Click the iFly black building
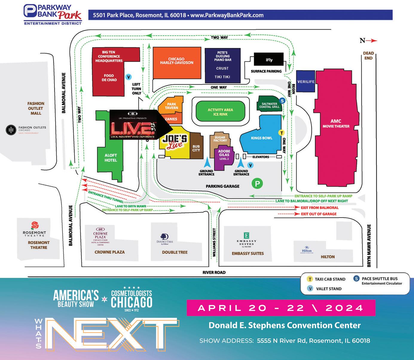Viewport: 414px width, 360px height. [x=269, y=60]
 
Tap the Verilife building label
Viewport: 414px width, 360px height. [x=306, y=82]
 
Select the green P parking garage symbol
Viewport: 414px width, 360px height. [x=257, y=183]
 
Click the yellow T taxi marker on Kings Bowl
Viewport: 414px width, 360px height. [x=281, y=133]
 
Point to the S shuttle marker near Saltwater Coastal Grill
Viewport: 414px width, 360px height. [x=282, y=101]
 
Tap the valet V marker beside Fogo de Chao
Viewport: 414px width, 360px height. [x=128, y=77]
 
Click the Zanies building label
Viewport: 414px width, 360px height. [x=171, y=119]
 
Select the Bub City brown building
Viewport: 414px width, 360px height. [x=196, y=148]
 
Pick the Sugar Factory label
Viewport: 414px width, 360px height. [x=220, y=139]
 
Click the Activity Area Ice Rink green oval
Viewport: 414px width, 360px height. [x=220, y=112]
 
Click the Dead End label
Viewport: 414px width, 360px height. [x=368, y=56]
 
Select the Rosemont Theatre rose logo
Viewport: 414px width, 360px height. [x=35, y=225]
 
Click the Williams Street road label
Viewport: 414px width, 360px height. [x=214, y=243]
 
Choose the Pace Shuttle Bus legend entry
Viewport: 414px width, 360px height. [x=378, y=280]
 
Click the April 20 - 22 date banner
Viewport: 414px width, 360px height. [x=281, y=308]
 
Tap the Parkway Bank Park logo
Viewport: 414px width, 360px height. [x=52, y=14]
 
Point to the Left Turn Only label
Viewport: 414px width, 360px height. [x=136, y=89]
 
